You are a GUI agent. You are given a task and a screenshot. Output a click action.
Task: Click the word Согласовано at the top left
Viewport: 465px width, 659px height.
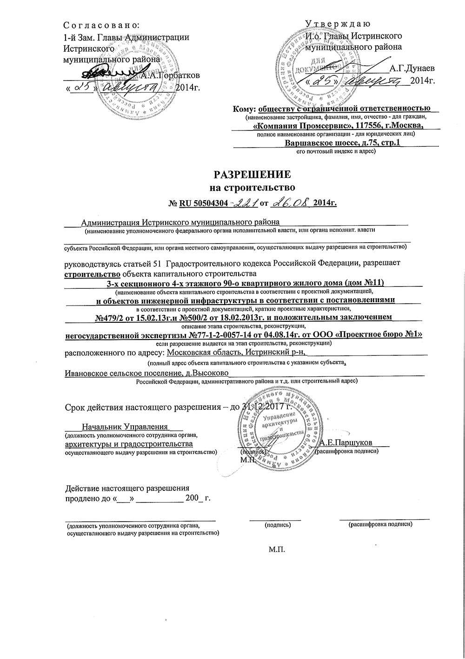click(101, 25)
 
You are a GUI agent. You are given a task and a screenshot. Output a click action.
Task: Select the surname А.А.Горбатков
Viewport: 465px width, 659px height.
click(171, 74)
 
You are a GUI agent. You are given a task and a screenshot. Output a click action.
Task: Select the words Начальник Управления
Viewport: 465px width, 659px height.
click(125, 426)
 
